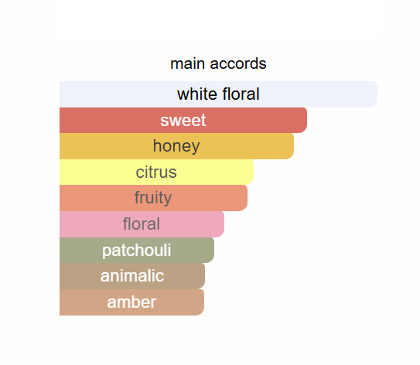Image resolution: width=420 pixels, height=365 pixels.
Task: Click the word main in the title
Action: pyautogui.click(x=188, y=63)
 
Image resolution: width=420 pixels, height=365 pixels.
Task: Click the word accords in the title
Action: pyautogui.click(x=238, y=63)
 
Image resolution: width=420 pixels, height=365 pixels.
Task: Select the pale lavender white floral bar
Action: pyautogui.click(x=218, y=94)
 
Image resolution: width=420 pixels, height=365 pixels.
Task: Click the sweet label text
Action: pyautogui.click(x=183, y=120)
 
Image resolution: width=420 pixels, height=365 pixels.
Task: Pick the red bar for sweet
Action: pyautogui.click(x=183, y=120)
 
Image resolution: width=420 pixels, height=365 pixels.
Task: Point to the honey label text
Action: pyautogui.click(x=176, y=146)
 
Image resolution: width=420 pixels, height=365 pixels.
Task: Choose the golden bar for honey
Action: pyautogui.click(x=176, y=146)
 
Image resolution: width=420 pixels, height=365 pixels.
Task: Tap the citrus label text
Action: pyautogui.click(x=156, y=172)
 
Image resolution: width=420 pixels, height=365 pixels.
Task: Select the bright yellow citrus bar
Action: pyautogui.click(x=156, y=172)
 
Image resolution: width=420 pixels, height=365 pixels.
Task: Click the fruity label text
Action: pyautogui.click(x=153, y=198)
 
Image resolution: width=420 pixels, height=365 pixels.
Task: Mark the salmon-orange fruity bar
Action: pyautogui.click(x=153, y=198)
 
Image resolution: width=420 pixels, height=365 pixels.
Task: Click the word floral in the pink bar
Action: pyautogui.click(x=142, y=224)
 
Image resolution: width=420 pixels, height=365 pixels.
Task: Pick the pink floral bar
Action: pyautogui.click(x=142, y=224)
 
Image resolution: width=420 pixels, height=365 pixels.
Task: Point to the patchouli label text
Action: pyautogui.click(x=137, y=251)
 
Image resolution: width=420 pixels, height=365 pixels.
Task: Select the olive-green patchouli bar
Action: pyautogui.click(x=137, y=250)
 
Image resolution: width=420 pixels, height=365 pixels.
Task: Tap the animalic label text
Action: pyautogui.click(x=132, y=276)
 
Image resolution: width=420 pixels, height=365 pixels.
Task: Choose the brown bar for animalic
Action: pyautogui.click(x=132, y=276)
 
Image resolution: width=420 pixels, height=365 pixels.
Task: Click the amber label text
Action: pyautogui.click(x=131, y=302)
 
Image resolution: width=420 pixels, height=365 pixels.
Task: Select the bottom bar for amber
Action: pyautogui.click(x=131, y=302)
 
